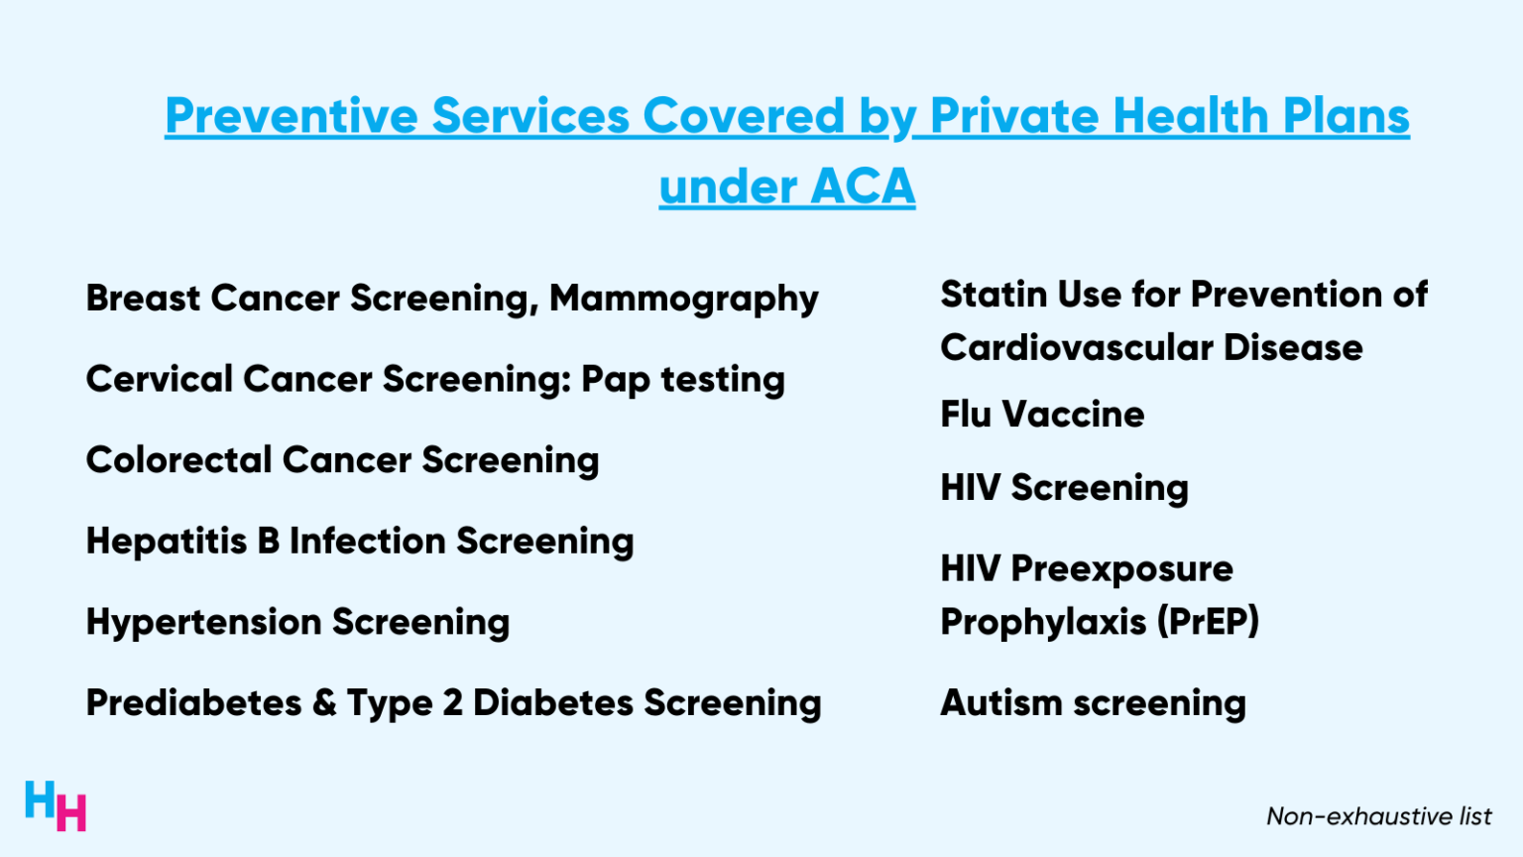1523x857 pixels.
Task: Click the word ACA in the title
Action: [x=862, y=186]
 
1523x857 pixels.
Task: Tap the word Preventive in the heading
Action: [x=292, y=116]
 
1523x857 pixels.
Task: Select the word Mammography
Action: [x=684, y=299]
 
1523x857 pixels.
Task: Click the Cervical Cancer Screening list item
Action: [x=327, y=379]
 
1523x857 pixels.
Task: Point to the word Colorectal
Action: [x=178, y=460]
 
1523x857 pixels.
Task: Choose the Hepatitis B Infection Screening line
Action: [x=360, y=542]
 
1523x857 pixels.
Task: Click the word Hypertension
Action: [x=203, y=623]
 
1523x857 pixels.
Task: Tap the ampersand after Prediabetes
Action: [x=324, y=703]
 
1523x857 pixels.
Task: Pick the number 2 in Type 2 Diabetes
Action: [x=452, y=703]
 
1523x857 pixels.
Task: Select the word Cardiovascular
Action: [x=1077, y=348]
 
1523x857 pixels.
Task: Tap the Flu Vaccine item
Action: [x=1042, y=415]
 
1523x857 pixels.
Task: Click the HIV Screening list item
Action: [x=1064, y=488]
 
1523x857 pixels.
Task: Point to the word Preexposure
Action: [x=1121, y=569]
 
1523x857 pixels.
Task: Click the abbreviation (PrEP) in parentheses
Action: [x=1207, y=622]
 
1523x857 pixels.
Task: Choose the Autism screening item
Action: [x=1093, y=703]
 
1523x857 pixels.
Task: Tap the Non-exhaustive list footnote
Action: [x=1378, y=816]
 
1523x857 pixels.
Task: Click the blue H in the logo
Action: [x=40, y=799]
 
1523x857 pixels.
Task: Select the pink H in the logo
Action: [x=71, y=812]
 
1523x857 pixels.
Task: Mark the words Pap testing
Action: [x=683, y=379]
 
